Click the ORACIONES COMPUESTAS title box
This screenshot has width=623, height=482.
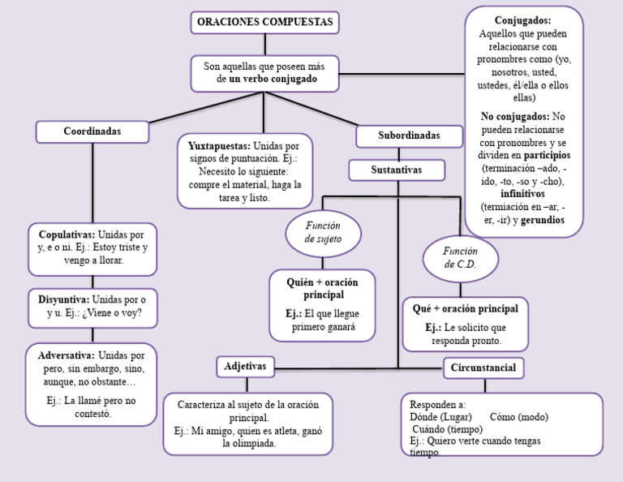click(264, 23)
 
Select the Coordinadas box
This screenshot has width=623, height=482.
click(92, 131)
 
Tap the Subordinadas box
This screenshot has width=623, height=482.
click(409, 136)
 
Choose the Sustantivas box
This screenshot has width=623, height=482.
click(397, 170)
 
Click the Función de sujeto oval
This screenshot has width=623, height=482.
click(323, 233)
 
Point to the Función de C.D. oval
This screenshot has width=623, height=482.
click(460, 258)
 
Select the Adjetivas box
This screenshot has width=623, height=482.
click(245, 367)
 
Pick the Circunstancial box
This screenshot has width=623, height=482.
click(483, 368)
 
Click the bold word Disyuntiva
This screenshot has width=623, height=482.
click(63, 299)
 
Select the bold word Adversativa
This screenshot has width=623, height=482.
click(65, 355)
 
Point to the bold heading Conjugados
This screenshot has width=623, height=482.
click(522, 19)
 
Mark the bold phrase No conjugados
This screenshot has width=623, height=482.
click(514, 116)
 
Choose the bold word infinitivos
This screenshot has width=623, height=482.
click(522, 194)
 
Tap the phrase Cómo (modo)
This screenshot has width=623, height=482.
click(519, 417)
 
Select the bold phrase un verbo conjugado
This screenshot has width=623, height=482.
click(273, 80)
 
